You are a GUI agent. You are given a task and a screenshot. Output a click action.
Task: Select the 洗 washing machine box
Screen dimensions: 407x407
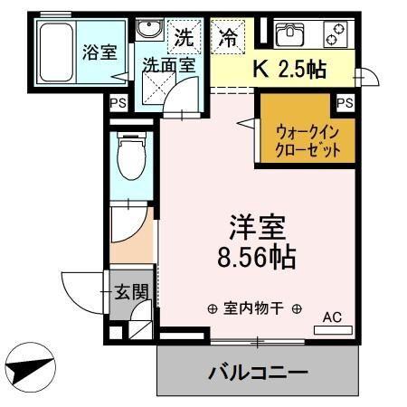[184, 38]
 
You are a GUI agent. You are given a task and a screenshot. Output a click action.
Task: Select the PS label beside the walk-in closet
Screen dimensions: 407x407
[345, 103]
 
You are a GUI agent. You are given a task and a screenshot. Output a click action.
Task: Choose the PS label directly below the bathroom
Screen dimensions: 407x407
[118, 104]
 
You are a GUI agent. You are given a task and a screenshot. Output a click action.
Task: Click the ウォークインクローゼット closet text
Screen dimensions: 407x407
[309, 140]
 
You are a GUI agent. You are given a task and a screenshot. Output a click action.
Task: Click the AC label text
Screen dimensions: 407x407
[333, 317]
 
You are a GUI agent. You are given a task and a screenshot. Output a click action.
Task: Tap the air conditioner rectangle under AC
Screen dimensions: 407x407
[333, 330]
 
